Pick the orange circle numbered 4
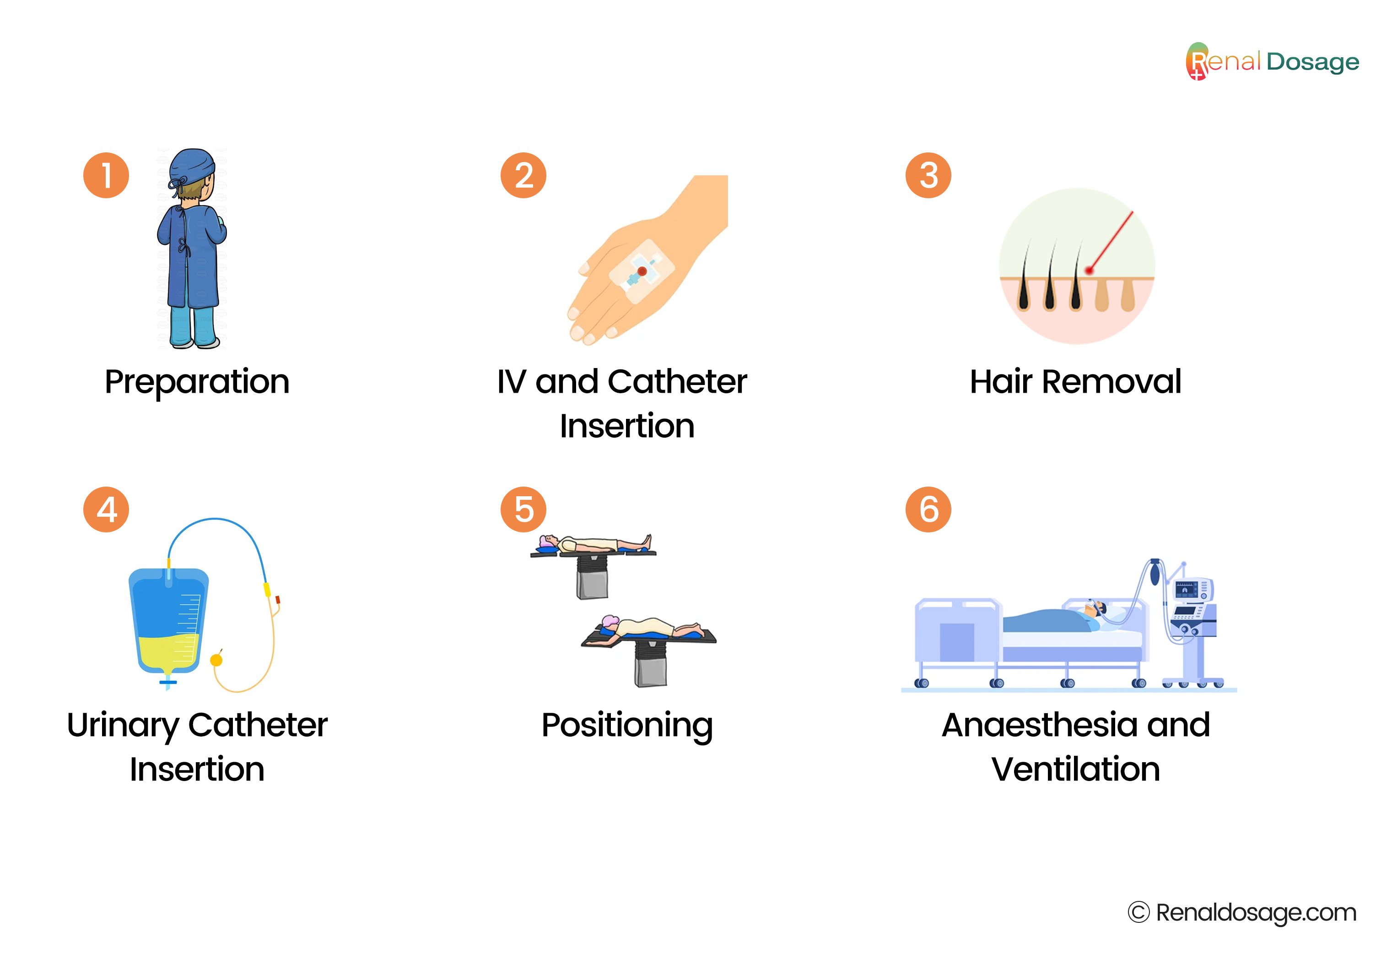tap(106, 510)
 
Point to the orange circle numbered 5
tap(523, 510)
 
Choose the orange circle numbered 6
tap(928, 510)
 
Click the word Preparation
tap(197, 382)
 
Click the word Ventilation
tap(1076, 769)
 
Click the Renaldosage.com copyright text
tap(1242, 913)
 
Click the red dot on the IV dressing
tap(642, 271)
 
